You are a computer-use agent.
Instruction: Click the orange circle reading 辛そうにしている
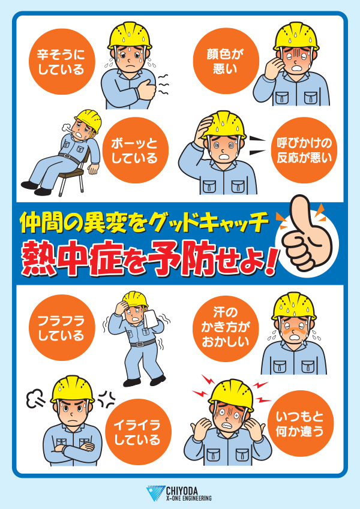pyautogui.click(x=61, y=62)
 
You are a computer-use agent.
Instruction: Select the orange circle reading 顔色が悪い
pyautogui.click(x=226, y=61)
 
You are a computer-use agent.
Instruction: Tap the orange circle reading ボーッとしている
pyautogui.click(x=135, y=150)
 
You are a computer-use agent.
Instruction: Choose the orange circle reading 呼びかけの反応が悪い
pyautogui.click(x=304, y=150)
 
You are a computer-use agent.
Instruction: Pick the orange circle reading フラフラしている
pyautogui.click(x=61, y=327)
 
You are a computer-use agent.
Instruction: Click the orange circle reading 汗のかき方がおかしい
pyautogui.click(x=226, y=329)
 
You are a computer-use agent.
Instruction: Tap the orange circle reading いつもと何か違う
pyautogui.click(x=301, y=423)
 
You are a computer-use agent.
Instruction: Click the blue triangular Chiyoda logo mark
pyautogui.click(x=155, y=493)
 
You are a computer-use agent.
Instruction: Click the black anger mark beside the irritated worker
pyautogui.click(x=107, y=399)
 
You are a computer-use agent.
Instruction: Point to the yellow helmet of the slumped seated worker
pyautogui.click(x=89, y=119)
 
